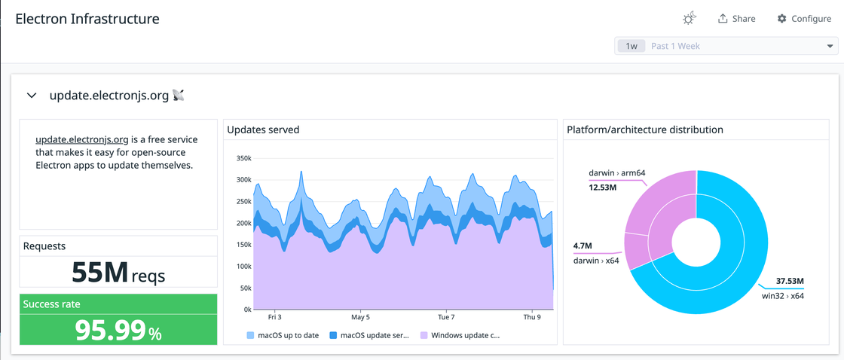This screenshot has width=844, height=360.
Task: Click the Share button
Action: [736, 19]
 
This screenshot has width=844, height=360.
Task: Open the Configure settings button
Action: [804, 19]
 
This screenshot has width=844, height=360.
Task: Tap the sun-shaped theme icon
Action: [689, 19]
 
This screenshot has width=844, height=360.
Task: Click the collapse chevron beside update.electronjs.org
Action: [32, 96]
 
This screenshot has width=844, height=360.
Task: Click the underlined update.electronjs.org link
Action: [81, 139]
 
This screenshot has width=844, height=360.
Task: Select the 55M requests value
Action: [99, 273]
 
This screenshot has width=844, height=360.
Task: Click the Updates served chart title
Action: [263, 130]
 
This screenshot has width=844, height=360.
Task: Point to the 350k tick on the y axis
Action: [243, 159]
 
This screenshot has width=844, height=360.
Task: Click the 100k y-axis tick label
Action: [243, 267]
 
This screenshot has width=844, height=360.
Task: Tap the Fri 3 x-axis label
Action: [274, 317]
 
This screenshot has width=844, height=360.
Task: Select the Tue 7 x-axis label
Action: [445, 317]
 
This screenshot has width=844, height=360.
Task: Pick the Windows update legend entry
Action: [460, 334]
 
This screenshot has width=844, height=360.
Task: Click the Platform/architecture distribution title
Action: [644, 130]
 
